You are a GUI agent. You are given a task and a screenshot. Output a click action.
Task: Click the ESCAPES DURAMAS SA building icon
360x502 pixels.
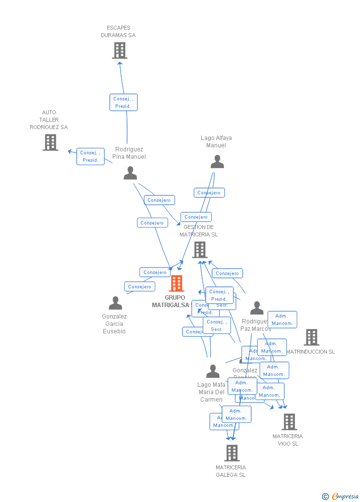tap(119, 50)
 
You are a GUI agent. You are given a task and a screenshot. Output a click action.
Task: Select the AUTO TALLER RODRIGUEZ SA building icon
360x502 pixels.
tap(50, 142)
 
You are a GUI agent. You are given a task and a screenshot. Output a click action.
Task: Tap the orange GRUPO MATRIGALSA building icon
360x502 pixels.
tap(177, 284)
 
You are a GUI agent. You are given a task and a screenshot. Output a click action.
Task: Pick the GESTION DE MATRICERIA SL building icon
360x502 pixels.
tap(199, 250)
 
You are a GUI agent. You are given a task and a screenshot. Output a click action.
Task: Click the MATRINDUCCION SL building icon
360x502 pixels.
tap(311, 337)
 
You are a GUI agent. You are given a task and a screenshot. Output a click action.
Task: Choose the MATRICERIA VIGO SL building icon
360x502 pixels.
tap(289, 422)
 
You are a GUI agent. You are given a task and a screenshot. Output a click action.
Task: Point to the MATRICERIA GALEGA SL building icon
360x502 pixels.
tap(231, 453)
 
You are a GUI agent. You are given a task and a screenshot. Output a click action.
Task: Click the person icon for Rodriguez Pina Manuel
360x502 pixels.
tap(130, 173)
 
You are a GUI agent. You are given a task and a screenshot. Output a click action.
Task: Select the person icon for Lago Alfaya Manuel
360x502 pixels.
tap(217, 162)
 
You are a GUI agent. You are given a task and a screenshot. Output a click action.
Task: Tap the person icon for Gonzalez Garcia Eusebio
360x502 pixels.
tap(115, 303)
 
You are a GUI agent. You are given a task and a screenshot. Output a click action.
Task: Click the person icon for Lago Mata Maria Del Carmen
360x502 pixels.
tap(213, 371)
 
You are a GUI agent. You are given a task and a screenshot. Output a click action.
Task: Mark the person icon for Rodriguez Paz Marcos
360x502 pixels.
tap(257, 308)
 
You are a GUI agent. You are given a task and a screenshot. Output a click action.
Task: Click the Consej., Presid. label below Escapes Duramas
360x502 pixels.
tap(123, 102)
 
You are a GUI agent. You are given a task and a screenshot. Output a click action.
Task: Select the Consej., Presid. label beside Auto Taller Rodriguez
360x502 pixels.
tap(90, 156)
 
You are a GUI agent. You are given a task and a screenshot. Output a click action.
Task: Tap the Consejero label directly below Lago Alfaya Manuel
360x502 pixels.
tap(209, 193)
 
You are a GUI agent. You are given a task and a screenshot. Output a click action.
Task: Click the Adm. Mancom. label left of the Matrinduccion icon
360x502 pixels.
tap(282, 319)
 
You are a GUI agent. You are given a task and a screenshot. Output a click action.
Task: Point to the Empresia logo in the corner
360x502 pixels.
tap(340, 496)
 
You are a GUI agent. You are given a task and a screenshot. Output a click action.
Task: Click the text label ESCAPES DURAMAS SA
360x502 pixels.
tap(118, 32)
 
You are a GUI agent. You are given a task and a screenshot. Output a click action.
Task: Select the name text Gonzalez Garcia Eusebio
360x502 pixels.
tap(114, 324)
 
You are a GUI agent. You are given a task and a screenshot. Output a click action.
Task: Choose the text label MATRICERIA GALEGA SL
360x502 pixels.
tap(230, 471)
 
